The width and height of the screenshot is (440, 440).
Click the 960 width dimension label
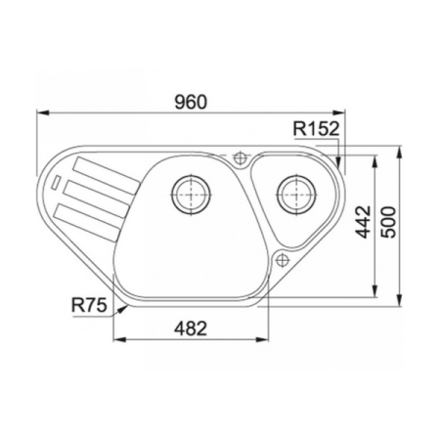coord(191,102)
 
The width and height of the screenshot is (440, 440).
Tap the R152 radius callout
coord(316,128)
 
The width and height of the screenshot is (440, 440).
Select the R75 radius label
coord(89,305)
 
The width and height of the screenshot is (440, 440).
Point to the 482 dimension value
coord(191,329)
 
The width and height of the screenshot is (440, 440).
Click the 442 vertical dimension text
coord(363,222)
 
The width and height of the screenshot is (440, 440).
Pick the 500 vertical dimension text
coord(388,222)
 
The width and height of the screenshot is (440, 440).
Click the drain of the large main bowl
coord(191,194)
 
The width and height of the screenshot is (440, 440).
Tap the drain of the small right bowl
coord(296,194)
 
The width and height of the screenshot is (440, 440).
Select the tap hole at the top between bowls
coord(241,158)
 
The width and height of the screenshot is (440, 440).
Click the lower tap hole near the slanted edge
coord(282,260)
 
